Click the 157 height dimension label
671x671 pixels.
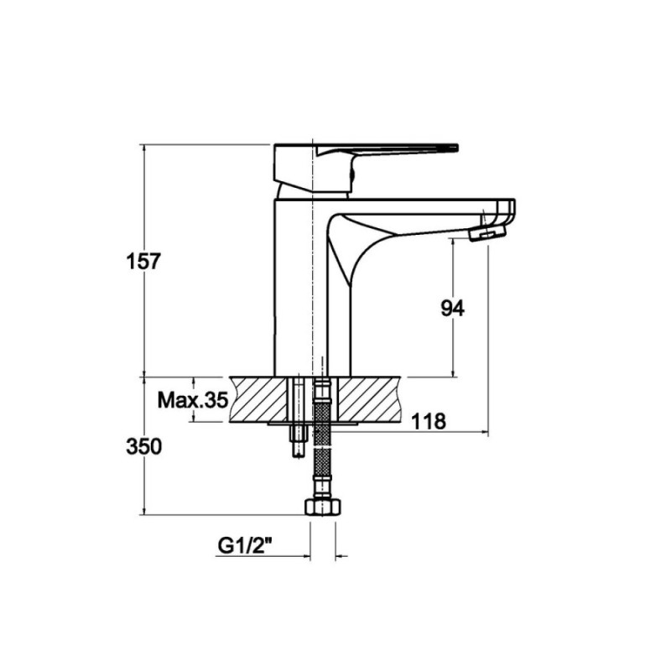point(143,262)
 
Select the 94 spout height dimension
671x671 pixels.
point(452,308)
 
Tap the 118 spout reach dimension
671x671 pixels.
point(429,422)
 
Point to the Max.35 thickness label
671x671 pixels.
point(192,401)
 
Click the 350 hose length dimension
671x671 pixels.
point(143,447)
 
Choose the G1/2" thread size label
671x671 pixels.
point(246,546)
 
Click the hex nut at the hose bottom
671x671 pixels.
point(323,507)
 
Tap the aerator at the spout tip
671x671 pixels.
point(487,234)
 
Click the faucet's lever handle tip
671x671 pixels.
point(456,148)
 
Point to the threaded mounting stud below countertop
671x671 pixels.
point(299,441)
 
